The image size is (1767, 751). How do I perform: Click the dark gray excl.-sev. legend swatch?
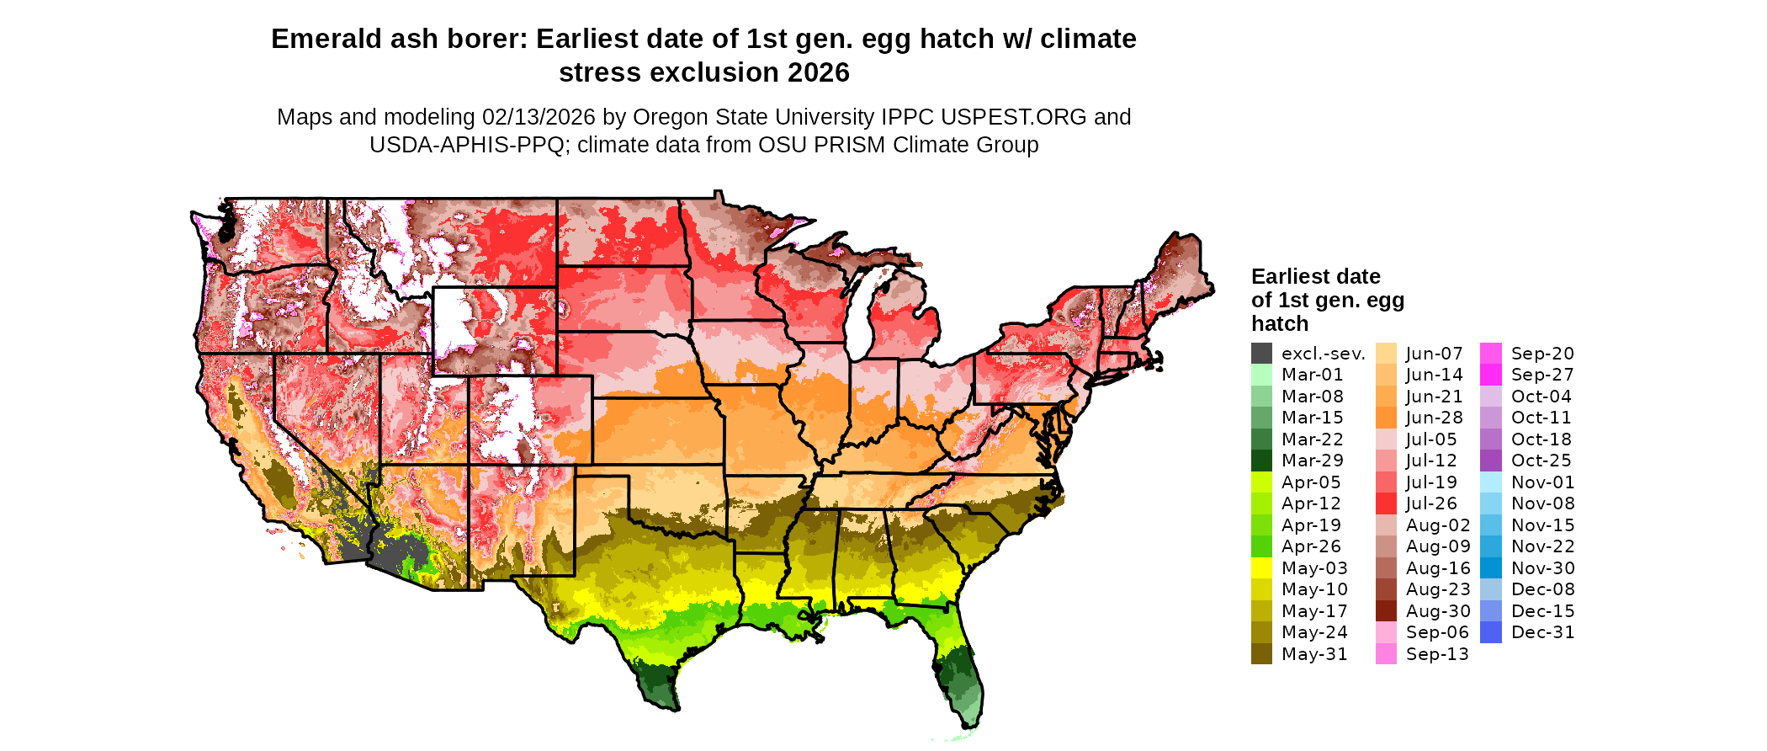1261,354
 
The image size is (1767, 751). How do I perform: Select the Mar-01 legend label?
1312,375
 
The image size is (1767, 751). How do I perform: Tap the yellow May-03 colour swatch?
1261,568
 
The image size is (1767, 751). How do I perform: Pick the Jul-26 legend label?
1431,503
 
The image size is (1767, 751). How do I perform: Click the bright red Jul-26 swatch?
1386,503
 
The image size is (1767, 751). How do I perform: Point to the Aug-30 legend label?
1438,611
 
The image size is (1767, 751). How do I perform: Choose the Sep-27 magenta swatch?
1491,375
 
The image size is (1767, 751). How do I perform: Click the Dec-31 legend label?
1542,632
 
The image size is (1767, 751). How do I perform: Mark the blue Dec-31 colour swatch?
1491,632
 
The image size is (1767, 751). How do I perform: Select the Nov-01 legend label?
1542,482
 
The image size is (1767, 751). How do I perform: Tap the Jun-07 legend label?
1434,354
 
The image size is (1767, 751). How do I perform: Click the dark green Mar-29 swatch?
1261,461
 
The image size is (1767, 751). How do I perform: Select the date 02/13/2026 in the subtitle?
539,117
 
